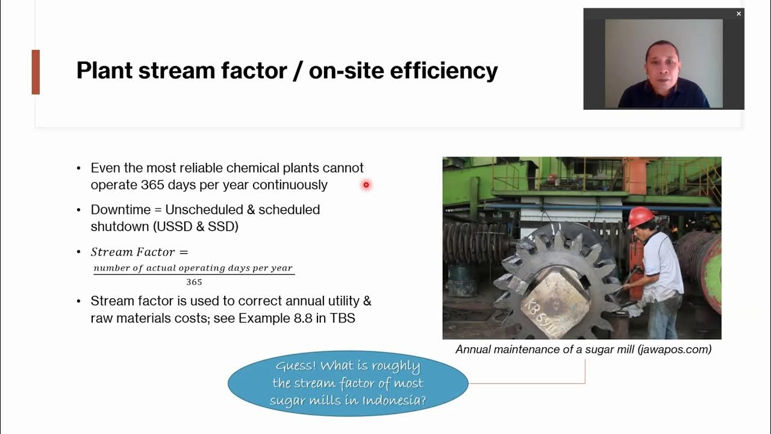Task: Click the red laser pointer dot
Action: click(x=366, y=185)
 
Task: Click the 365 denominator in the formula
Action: click(x=194, y=282)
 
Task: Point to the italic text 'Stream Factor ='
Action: click(x=139, y=252)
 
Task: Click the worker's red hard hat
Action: click(x=640, y=217)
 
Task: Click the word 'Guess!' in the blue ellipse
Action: click(x=295, y=366)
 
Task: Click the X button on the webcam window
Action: click(x=738, y=14)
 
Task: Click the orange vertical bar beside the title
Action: click(x=36, y=72)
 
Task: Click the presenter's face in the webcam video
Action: click(x=663, y=63)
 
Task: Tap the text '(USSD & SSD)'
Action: click(x=195, y=227)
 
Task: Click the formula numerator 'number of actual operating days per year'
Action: click(x=193, y=268)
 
